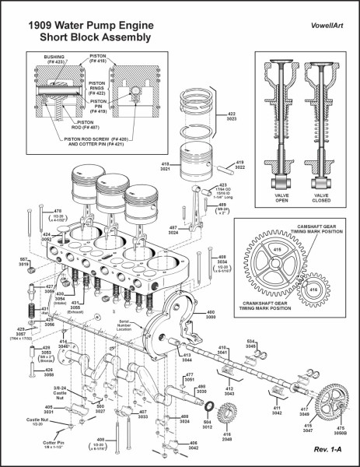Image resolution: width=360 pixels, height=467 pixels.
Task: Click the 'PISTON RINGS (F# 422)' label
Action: [x=97, y=87]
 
